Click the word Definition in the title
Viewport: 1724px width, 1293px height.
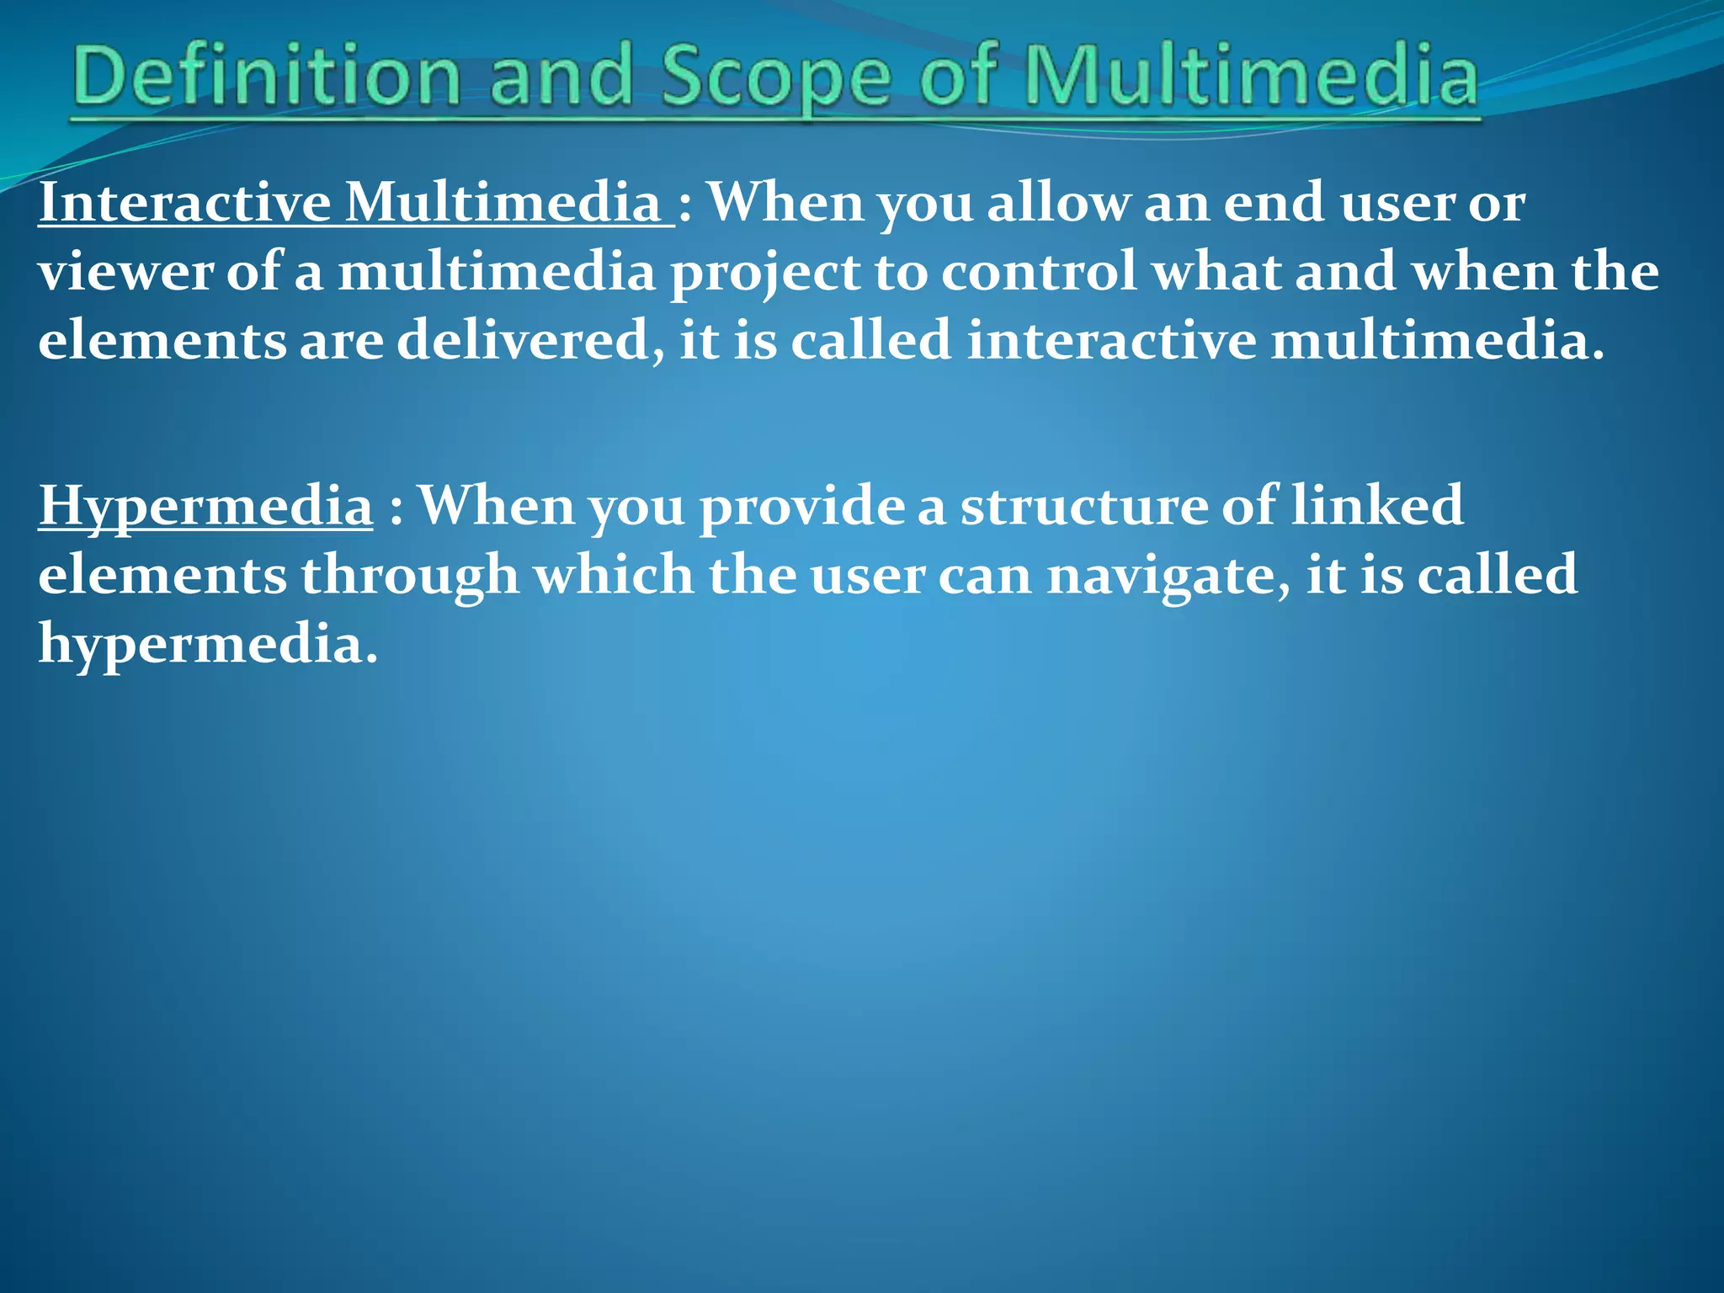(267, 77)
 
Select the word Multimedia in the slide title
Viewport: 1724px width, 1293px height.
(1250, 77)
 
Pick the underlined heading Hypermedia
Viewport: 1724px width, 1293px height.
(205, 507)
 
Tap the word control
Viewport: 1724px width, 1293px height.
(1039, 274)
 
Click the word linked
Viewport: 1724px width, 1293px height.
(1377, 505)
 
